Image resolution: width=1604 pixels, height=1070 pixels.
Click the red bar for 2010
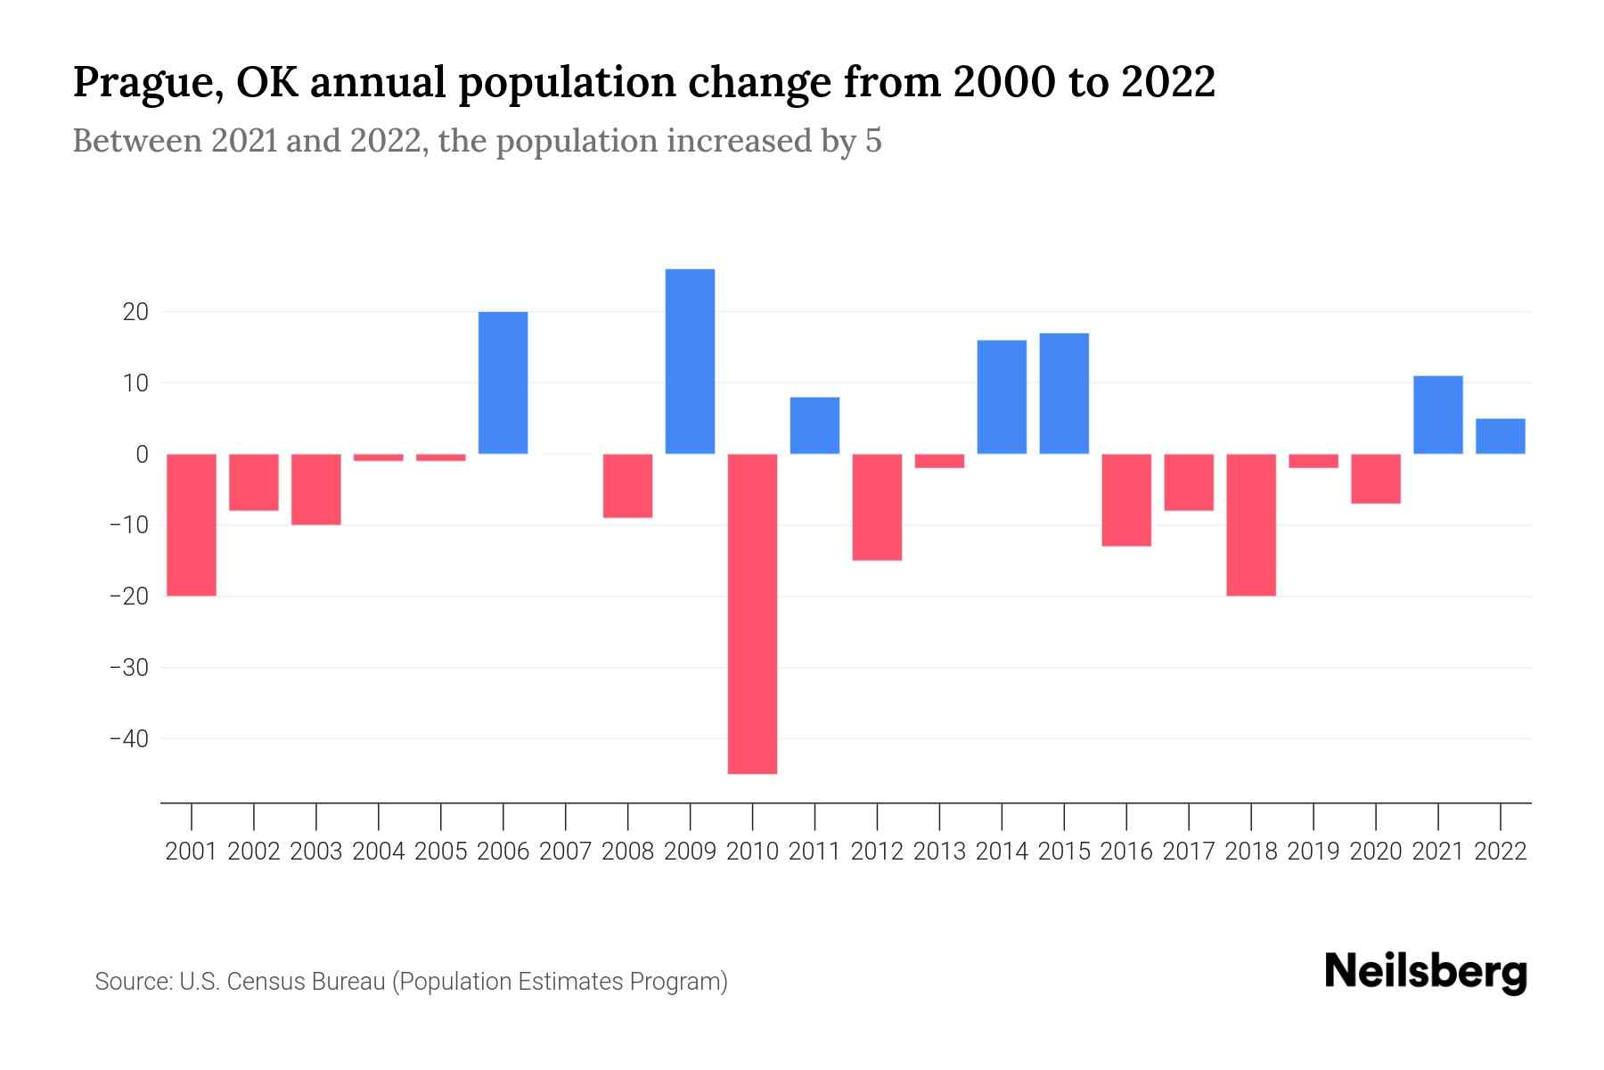(752, 613)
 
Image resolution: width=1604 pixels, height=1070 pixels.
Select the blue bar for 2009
(690, 361)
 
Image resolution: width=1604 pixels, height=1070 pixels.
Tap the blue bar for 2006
(503, 383)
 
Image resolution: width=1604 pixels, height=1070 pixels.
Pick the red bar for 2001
(192, 524)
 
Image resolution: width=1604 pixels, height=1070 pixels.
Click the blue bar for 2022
(1500, 436)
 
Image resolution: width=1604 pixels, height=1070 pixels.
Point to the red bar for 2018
(1251, 524)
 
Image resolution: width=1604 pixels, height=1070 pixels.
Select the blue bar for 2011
(814, 425)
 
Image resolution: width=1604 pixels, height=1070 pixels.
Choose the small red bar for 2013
(939, 461)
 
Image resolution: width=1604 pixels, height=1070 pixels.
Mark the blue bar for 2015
(1064, 393)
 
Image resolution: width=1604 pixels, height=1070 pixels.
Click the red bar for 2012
(877, 506)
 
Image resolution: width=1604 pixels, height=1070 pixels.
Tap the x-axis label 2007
(565, 852)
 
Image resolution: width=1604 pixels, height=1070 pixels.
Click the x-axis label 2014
(1002, 852)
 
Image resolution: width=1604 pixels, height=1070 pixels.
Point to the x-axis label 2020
(1376, 852)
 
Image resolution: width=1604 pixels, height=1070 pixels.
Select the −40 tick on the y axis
(128, 738)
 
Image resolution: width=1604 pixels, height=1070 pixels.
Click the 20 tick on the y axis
(136, 312)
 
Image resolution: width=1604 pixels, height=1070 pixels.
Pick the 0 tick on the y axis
(142, 454)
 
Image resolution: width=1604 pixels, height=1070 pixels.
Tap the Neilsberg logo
(1425, 973)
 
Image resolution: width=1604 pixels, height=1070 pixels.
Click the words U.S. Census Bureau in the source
(282, 982)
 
